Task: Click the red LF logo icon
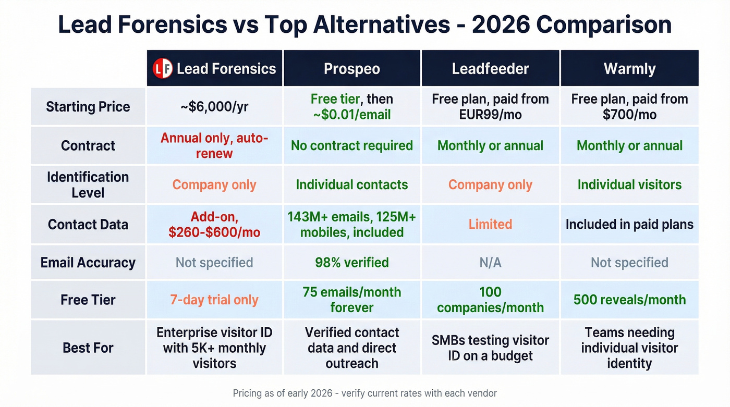click(163, 69)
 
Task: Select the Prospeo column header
click(351, 69)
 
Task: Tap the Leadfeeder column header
click(490, 69)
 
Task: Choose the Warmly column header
click(629, 69)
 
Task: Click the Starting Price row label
click(88, 107)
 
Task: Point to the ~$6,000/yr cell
click(214, 107)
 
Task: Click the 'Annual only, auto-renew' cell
click(214, 146)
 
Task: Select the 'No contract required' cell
click(351, 146)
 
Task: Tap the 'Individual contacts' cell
click(351, 184)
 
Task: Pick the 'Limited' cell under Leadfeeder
click(490, 224)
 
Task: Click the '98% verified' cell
click(351, 262)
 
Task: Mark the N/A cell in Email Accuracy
click(490, 262)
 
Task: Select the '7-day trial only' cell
click(214, 300)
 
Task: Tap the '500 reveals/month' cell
click(629, 300)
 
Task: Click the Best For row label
click(88, 348)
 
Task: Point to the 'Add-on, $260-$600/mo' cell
click(214, 225)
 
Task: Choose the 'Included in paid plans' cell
click(629, 225)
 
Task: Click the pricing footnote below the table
click(364, 393)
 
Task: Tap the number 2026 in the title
click(503, 25)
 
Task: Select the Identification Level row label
click(88, 184)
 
